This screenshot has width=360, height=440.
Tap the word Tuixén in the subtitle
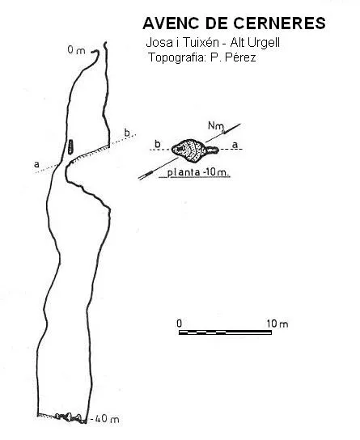click(201, 43)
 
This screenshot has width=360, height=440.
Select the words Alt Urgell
click(255, 43)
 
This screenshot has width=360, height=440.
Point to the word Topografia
click(176, 57)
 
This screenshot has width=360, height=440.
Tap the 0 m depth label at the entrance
click(76, 50)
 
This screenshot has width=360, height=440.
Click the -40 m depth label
click(105, 419)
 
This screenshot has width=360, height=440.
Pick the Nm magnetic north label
click(215, 125)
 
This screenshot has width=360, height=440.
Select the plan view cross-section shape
click(194, 150)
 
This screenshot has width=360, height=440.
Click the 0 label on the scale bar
click(180, 324)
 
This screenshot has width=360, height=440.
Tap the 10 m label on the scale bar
click(277, 324)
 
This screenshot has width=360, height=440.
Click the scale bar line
click(225, 332)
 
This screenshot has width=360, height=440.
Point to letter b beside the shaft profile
click(127, 132)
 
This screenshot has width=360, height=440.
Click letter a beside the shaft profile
click(36, 164)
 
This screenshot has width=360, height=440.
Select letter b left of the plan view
click(158, 144)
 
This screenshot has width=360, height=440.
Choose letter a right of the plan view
click(235, 145)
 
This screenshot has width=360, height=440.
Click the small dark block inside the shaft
click(70, 146)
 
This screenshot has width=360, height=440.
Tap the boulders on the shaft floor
click(70, 417)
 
